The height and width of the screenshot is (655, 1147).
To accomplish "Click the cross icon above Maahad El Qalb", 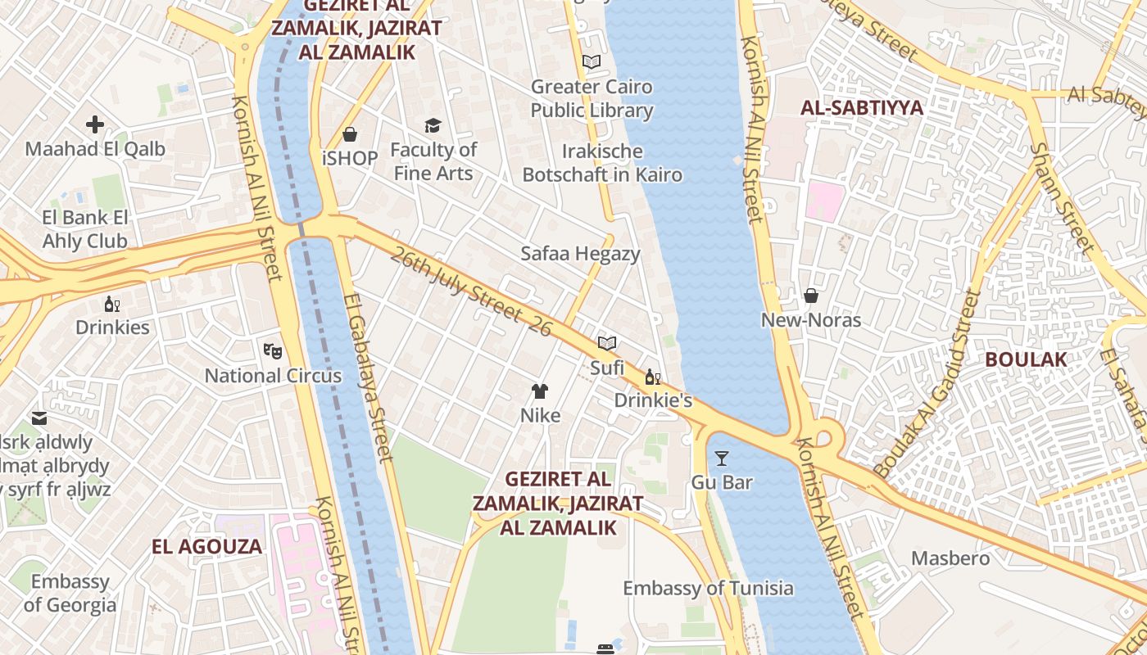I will coord(95,124).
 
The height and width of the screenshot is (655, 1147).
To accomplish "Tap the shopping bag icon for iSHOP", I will coord(350,134).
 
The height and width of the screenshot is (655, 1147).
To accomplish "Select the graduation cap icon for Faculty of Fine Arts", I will coord(433,125).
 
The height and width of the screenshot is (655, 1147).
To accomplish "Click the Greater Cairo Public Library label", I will coord(592,98).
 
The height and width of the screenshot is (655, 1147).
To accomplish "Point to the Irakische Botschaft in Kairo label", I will coord(602,163).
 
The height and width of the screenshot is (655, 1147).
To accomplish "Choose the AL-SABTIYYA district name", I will coord(862,108).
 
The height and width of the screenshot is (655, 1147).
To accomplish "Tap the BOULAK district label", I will coord(1026,359).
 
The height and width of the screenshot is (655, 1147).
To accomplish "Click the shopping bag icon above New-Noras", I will coord(811,296).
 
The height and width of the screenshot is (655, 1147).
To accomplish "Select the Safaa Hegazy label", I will coord(580,254).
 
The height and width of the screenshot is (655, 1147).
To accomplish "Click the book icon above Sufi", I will coord(607,343).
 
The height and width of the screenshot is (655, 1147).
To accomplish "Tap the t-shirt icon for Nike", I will coord(540,391).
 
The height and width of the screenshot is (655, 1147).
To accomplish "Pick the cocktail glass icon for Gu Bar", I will coord(721,458).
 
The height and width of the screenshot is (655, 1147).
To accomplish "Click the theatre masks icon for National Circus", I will coord(273,351).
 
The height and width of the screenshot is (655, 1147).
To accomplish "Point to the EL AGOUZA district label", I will coord(207,547).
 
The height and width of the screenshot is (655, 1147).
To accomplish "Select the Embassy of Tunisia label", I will coord(708,588).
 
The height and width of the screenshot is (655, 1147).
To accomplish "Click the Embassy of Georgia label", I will coord(70,594).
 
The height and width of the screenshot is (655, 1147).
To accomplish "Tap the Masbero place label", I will coord(950,558).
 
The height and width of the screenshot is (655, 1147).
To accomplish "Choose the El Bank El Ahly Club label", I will coord(85,229).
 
